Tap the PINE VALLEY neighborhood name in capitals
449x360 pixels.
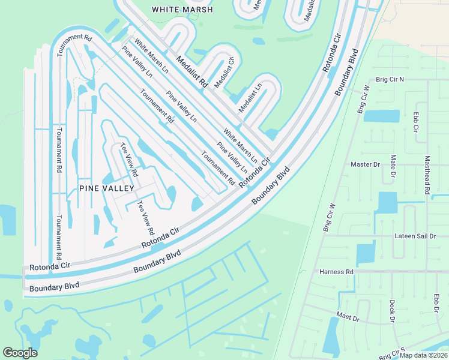106,188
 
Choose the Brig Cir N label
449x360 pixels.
390,79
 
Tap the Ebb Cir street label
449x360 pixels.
415,122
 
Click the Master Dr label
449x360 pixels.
366,164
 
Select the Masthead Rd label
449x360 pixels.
427,175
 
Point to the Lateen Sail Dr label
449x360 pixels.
415,236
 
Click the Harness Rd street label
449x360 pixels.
337,272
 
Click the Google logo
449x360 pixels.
20,353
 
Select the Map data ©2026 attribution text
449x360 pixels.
424,355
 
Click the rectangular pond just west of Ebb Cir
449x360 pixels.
381,116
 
